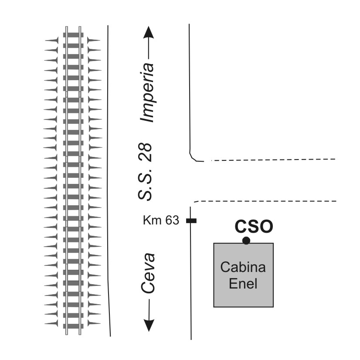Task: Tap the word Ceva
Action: click(x=148, y=273)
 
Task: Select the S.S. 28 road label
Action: click(x=145, y=172)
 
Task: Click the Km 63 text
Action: click(x=161, y=221)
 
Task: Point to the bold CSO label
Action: click(x=254, y=227)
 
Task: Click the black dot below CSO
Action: click(x=246, y=241)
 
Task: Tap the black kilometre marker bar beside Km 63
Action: click(x=191, y=221)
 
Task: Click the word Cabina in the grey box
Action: click(x=243, y=267)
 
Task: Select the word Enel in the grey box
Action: click(x=243, y=284)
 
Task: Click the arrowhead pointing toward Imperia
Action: click(x=149, y=33)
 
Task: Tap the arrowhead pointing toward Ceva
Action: click(x=149, y=325)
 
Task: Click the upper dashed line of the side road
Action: click(x=273, y=160)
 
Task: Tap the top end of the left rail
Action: click(x=67, y=27)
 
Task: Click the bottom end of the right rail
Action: click(x=80, y=334)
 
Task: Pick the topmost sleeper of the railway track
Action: click(x=73, y=35)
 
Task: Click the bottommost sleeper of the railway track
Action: click(x=73, y=326)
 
